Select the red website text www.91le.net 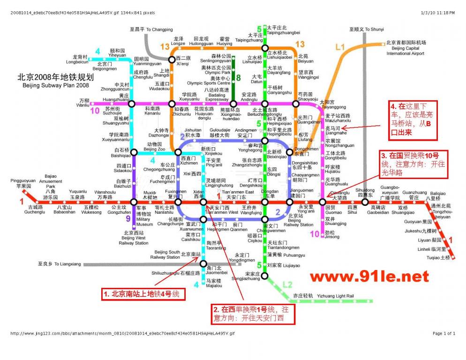(369, 276)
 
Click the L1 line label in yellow (340, 47)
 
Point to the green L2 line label (287, 285)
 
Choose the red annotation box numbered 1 (142, 294)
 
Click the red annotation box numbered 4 (413, 120)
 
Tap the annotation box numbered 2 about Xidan (254, 314)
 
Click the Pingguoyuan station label (23, 183)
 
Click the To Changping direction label (151, 30)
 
